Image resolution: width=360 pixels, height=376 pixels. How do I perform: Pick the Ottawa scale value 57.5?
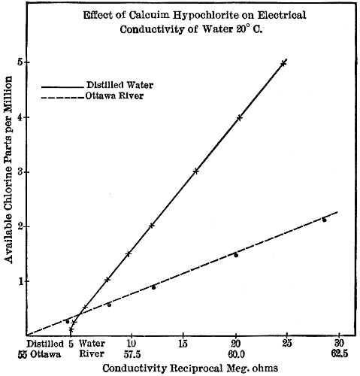click(132, 352)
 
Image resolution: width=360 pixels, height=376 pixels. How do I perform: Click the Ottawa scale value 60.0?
click(235, 352)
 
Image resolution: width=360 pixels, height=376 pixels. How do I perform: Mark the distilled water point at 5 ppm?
click(283, 63)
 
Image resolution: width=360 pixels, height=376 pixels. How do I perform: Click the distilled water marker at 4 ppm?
click(239, 117)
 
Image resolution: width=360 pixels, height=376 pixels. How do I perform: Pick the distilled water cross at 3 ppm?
click(195, 171)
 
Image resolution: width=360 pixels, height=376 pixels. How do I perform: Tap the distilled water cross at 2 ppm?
click(152, 226)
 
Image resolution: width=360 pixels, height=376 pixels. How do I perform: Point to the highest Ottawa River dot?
click(324, 220)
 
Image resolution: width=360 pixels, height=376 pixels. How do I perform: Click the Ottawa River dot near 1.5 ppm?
click(235, 255)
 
